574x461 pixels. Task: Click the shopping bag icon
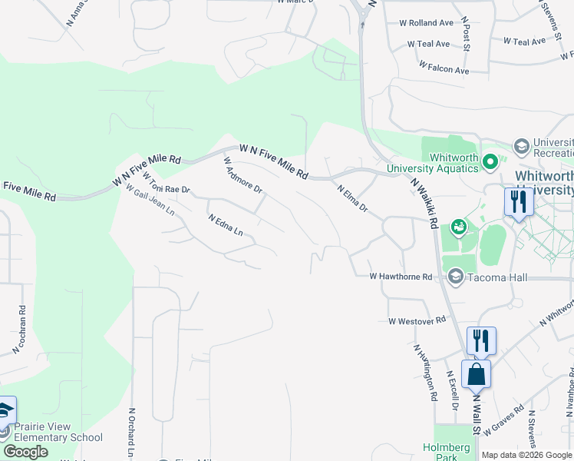pyautogui.click(x=477, y=374)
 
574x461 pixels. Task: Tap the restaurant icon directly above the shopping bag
pyautogui.click(x=481, y=340)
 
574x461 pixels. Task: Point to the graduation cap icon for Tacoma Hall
pyautogui.click(x=455, y=277)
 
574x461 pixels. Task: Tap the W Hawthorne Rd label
pyautogui.click(x=401, y=276)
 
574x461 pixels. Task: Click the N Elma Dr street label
pyautogui.click(x=353, y=197)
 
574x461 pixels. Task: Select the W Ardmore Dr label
pyautogui.click(x=242, y=175)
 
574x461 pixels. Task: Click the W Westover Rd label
pyautogui.click(x=417, y=320)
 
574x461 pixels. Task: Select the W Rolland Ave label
pyautogui.click(x=426, y=23)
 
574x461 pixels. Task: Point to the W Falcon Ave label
pyautogui.click(x=444, y=70)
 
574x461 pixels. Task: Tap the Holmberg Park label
pyautogui.click(x=440, y=452)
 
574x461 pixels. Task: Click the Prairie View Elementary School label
pyautogui.click(x=54, y=433)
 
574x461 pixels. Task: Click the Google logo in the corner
pyautogui.click(x=25, y=452)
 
